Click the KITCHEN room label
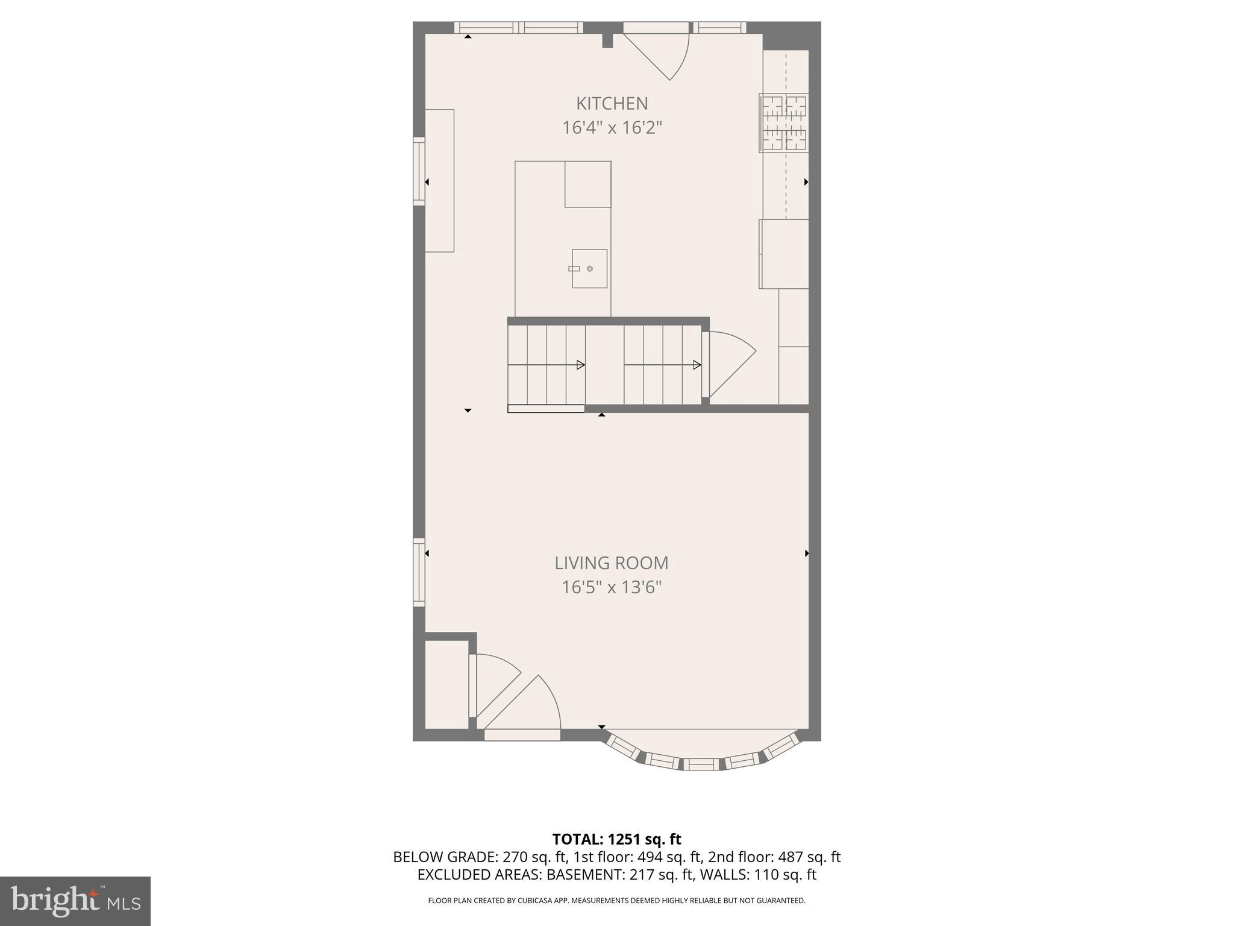coord(612,104)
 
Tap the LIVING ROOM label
coord(611,563)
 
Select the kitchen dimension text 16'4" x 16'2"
coord(612,128)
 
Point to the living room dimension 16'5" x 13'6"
coord(611,587)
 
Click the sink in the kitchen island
coord(589,268)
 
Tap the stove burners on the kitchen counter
coord(784,123)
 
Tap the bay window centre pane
coord(701,764)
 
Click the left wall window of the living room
coord(419,572)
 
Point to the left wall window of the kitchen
coord(419,171)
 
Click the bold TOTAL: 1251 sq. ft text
coord(616,839)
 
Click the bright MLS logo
coord(75,901)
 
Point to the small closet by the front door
coord(446,684)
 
